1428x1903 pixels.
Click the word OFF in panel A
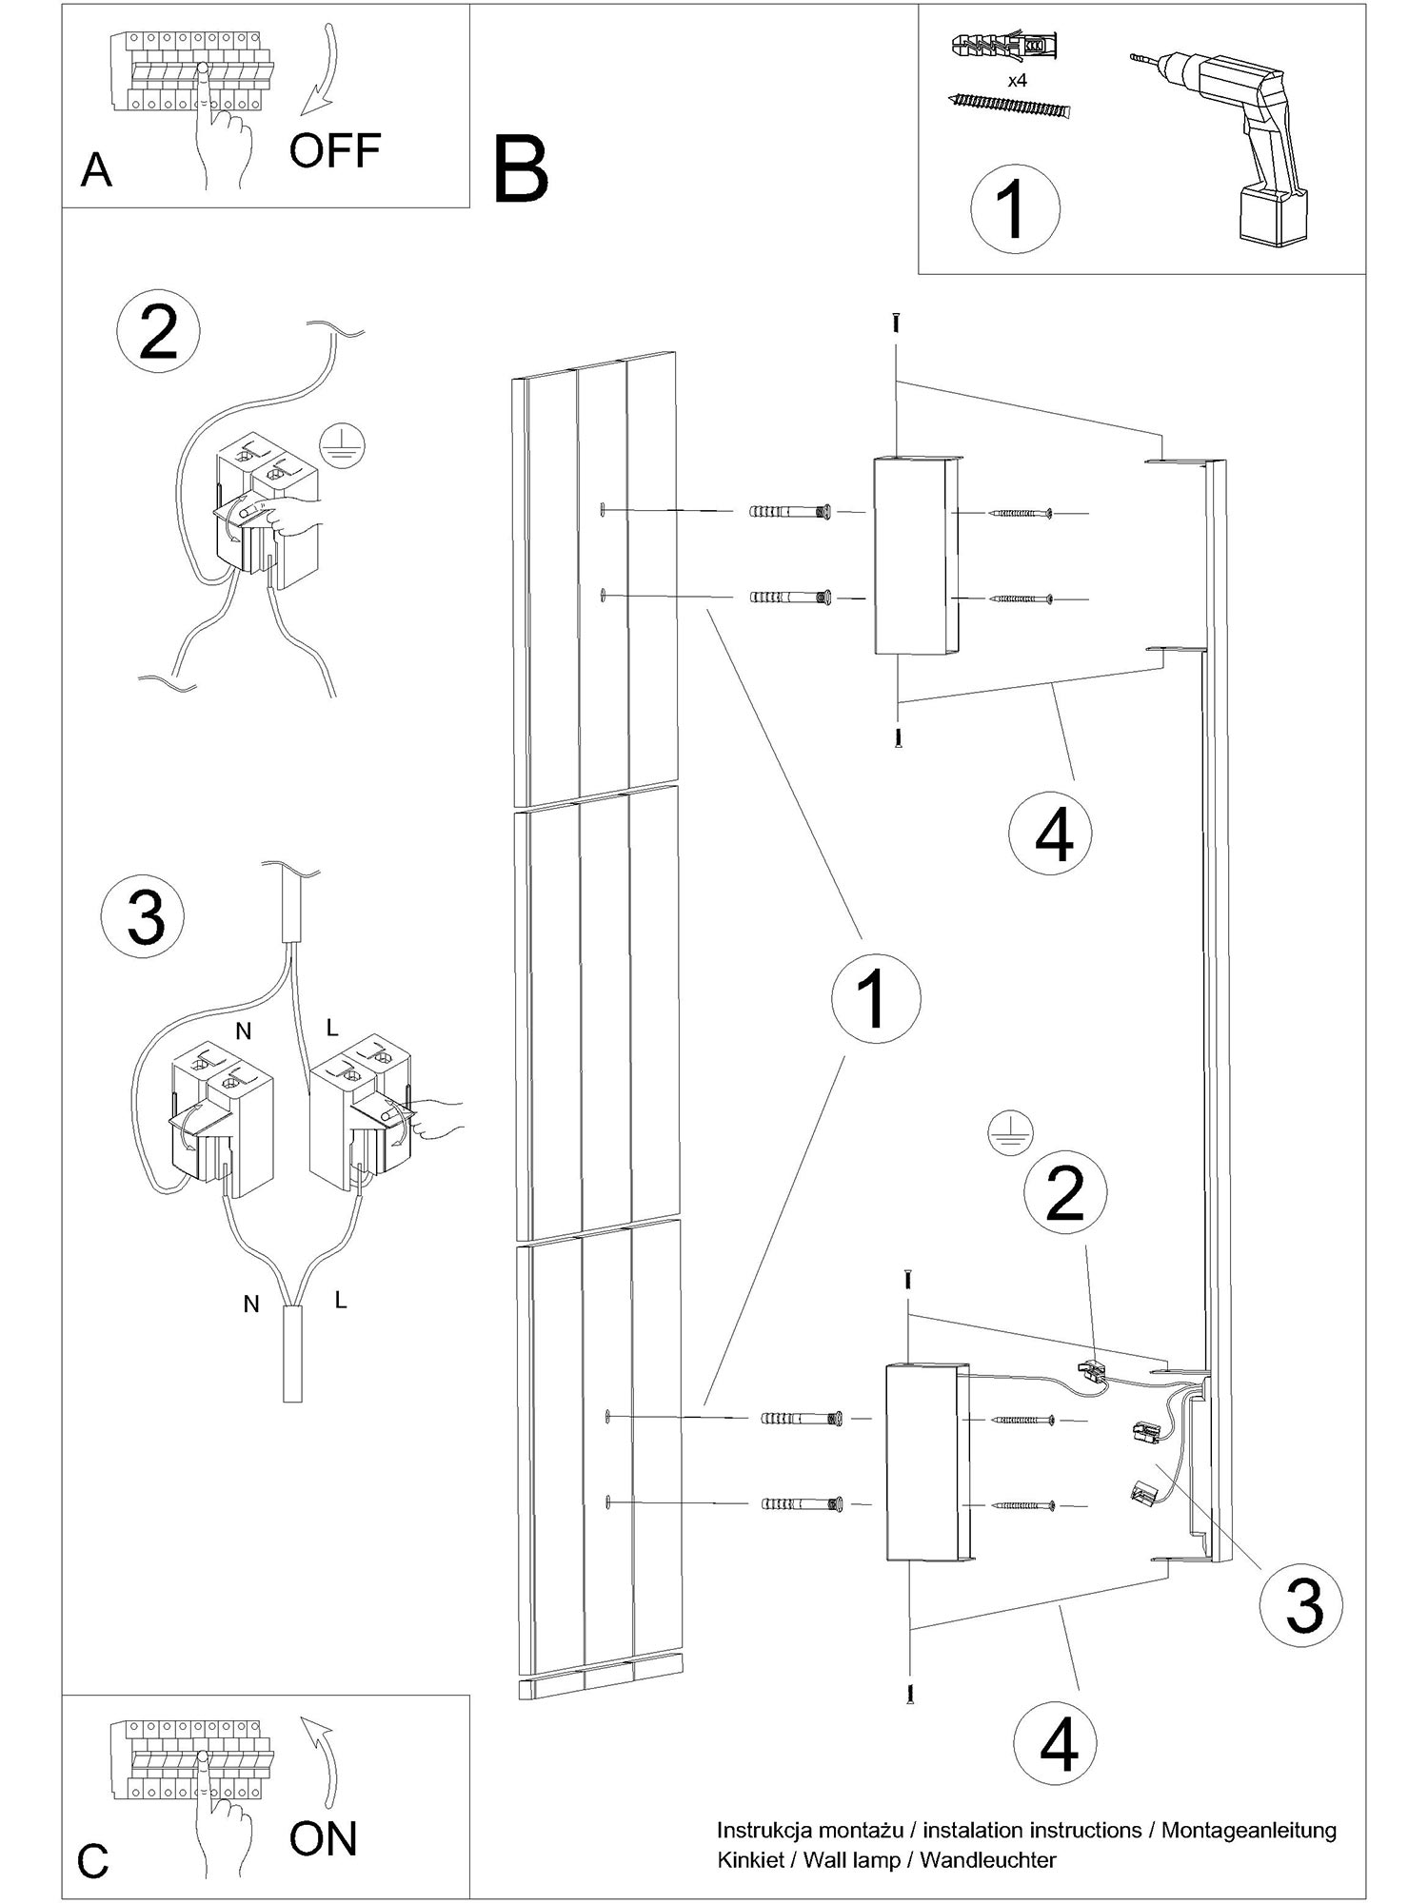334,150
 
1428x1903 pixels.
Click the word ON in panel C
323,1839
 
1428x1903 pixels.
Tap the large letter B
521,171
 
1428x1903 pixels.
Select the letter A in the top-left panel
97,171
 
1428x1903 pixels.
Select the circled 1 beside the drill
1015,209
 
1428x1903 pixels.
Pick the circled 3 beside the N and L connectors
144,917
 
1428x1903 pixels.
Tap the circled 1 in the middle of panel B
876,998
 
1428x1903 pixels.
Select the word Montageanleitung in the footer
1248,1830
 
